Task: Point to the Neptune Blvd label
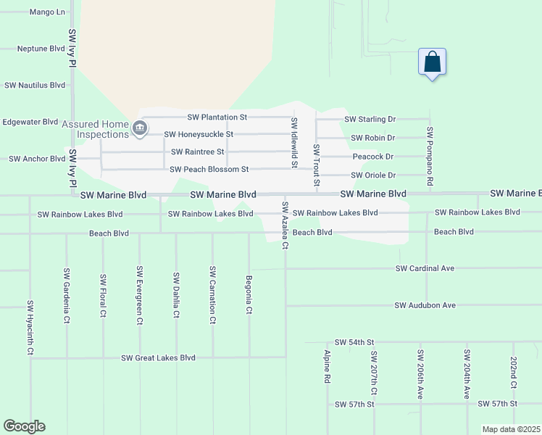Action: click(x=41, y=49)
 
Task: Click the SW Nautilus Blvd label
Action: click(x=35, y=85)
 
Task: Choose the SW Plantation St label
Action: click(x=217, y=117)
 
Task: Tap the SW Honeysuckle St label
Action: click(x=199, y=134)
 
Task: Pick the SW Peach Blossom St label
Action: click(x=209, y=170)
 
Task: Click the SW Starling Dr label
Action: click(x=370, y=119)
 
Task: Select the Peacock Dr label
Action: click(x=372, y=157)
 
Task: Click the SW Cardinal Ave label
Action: click(x=425, y=268)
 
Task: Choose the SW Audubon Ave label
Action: click(x=425, y=305)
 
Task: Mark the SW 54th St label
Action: click(x=354, y=342)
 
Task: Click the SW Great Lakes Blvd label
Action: click(x=158, y=357)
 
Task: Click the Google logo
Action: click(x=24, y=426)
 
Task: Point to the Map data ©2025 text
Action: click(x=511, y=429)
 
